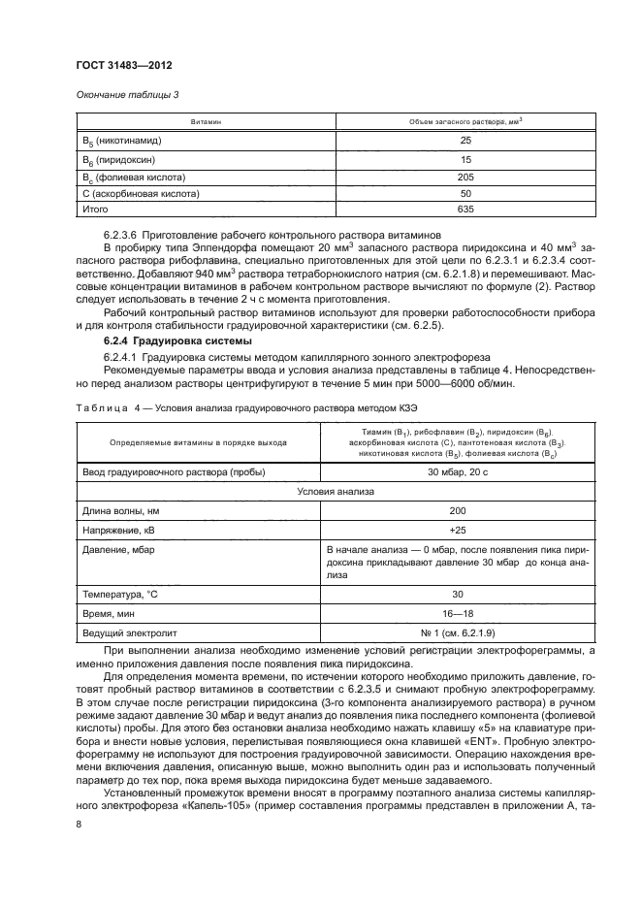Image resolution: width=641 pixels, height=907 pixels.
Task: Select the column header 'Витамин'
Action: [x=207, y=122]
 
